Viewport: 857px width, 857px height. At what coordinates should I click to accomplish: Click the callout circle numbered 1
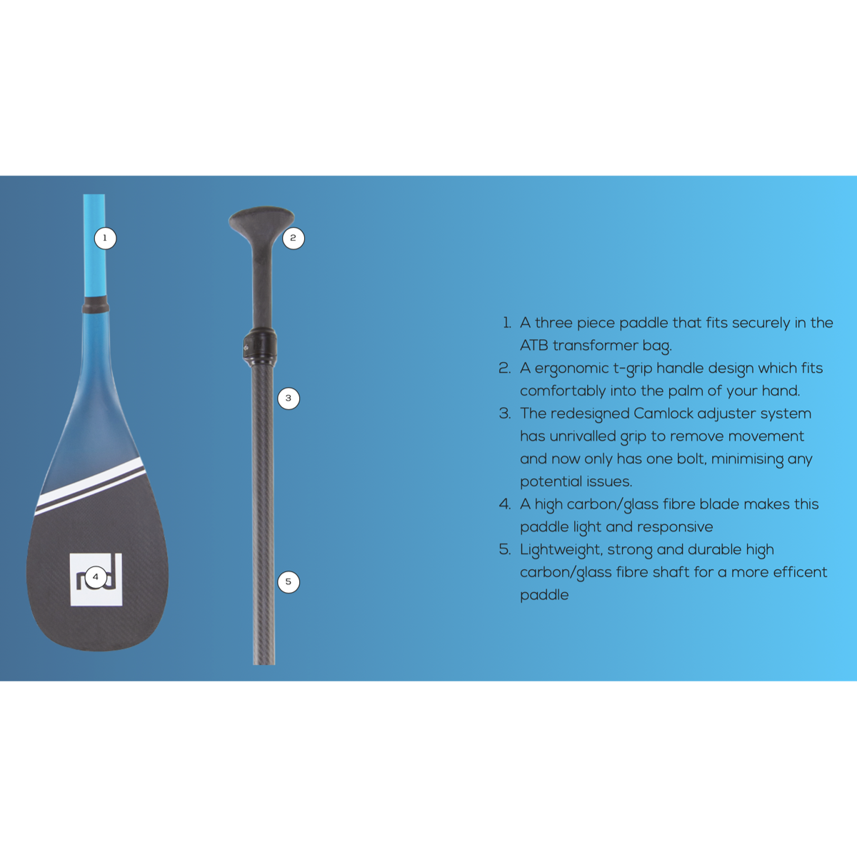106,239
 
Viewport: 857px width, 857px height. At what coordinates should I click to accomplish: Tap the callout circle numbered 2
294,238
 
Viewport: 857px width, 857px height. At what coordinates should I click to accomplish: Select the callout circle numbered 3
289,399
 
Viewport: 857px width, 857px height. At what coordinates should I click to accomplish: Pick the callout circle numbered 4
96,577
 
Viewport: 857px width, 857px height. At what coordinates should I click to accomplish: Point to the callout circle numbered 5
289,582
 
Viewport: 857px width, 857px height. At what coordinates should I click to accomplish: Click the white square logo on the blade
96,579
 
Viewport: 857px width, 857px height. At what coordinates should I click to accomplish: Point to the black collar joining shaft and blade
95,305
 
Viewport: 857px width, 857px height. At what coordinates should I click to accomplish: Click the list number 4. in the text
505,504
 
